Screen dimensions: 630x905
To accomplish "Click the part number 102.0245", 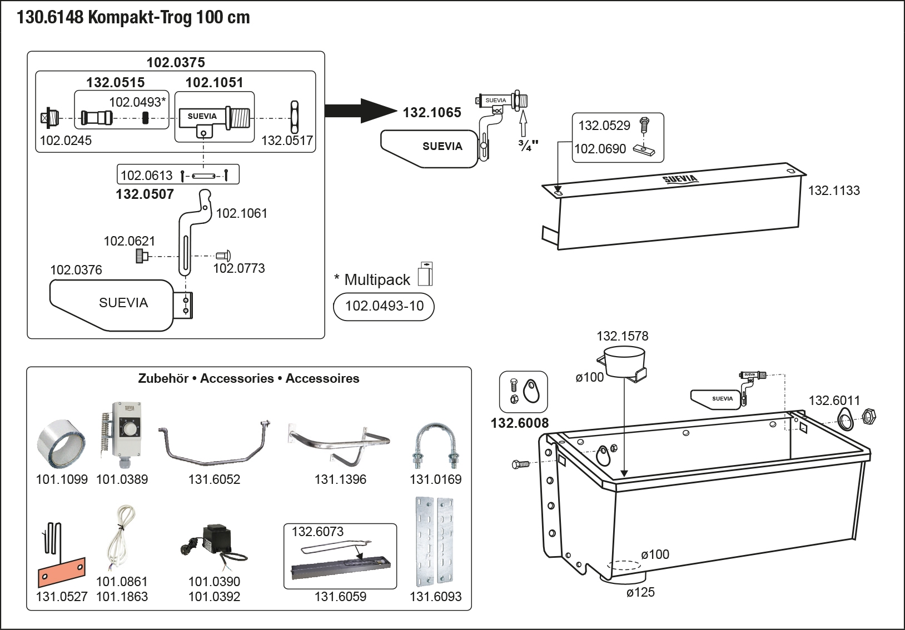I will tap(66, 141).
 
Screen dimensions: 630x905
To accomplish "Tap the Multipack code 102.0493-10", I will tap(384, 306).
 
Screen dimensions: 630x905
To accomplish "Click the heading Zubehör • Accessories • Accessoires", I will tap(248, 378).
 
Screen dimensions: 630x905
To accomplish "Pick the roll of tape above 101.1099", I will tap(61, 444).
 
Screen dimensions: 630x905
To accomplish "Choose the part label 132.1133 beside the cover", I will tap(833, 191).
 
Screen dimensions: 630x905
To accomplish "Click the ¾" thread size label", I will tap(528, 146).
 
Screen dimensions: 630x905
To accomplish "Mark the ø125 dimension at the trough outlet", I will tap(640, 592).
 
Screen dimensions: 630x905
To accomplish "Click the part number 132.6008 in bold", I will tap(519, 423).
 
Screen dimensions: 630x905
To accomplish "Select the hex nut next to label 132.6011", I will tap(868, 417).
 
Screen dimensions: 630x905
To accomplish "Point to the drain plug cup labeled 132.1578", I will tap(624, 362).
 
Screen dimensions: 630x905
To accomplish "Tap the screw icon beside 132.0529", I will tap(644, 124).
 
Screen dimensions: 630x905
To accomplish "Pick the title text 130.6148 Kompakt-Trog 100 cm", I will tap(133, 17).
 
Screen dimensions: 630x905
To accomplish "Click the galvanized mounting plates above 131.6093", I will tap(435, 542).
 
